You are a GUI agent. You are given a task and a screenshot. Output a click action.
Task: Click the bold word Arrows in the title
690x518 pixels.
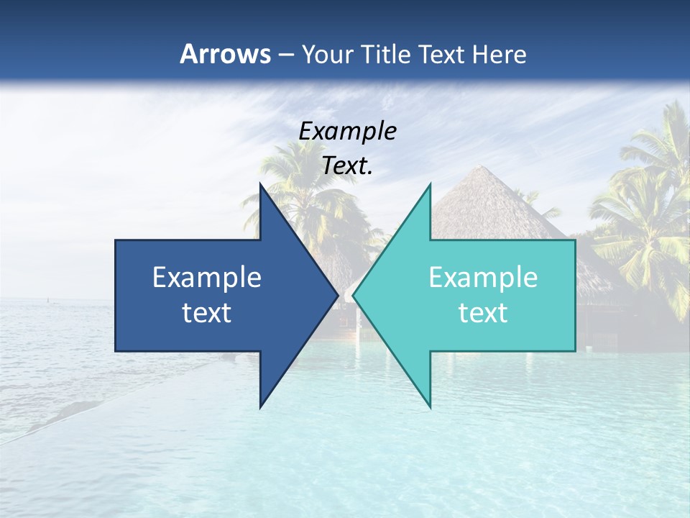click(x=226, y=54)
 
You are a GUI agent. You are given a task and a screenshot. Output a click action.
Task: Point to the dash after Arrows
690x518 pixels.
click(x=286, y=55)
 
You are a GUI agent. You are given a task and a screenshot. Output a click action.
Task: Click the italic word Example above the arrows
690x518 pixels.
click(x=347, y=132)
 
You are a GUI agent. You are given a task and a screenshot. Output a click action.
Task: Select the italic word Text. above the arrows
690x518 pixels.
click(x=347, y=166)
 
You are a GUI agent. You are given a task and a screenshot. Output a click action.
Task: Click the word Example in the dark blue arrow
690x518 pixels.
click(x=207, y=278)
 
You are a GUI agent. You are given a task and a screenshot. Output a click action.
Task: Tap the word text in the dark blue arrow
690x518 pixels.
click(x=207, y=313)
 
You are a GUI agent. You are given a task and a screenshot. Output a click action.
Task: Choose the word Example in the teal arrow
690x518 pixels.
click(x=483, y=278)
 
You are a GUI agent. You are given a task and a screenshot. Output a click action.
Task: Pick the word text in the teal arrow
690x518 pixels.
click(x=483, y=313)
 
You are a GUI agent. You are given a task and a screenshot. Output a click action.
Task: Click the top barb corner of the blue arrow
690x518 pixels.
click(x=260, y=185)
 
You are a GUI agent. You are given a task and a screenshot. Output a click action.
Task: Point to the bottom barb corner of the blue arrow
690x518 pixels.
click(x=260, y=406)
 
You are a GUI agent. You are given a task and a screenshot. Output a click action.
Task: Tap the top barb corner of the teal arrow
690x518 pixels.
click(x=431, y=185)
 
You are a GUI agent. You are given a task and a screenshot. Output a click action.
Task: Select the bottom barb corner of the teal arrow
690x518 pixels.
click(x=431, y=406)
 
